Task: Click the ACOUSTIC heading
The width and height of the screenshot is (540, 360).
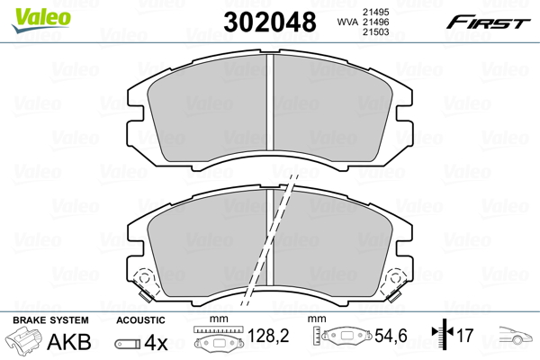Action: (139, 320)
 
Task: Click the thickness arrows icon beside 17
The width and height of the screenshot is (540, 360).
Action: (438, 338)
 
